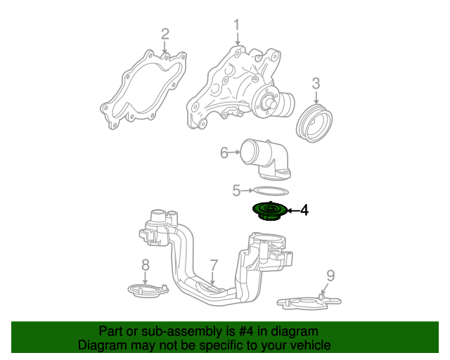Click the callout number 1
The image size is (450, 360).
click(x=236, y=25)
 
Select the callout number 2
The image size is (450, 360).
click(x=165, y=33)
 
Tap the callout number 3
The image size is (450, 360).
click(x=316, y=84)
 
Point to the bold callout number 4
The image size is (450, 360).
click(x=304, y=210)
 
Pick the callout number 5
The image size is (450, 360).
click(x=237, y=190)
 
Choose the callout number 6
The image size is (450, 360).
click(x=224, y=153)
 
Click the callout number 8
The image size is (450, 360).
click(x=146, y=264)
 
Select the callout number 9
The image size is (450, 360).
click(x=330, y=276)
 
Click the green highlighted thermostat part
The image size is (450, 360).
click(x=268, y=210)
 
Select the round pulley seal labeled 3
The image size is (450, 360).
click(x=316, y=124)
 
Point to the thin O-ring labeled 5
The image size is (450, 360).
click(x=270, y=191)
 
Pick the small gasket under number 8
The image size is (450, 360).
click(x=146, y=289)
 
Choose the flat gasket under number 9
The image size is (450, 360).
click(x=309, y=303)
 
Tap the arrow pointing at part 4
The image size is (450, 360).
click(x=291, y=210)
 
